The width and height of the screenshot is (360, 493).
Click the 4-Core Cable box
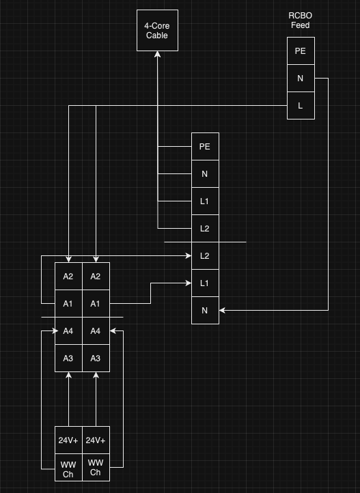[x=157, y=30]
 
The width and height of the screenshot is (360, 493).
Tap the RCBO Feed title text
[x=301, y=20]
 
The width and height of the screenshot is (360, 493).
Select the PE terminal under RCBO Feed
[x=301, y=51]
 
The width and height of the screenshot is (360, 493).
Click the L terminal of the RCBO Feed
[x=301, y=106]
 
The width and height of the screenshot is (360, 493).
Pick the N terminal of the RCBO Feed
[x=301, y=79]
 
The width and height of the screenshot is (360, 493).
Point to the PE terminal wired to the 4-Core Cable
[x=206, y=147]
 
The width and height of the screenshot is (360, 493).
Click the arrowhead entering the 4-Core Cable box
[x=158, y=54]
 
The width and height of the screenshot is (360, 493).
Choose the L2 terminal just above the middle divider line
[x=206, y=229]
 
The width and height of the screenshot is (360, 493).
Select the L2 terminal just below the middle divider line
[x=206, y=256]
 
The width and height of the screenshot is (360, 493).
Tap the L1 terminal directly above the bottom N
[x=206, y=283]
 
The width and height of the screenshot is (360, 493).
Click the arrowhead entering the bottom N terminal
[x=222, y=310]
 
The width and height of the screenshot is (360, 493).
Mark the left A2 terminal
[x=68, y=277]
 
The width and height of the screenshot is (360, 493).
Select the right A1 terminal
[x=96, y=304]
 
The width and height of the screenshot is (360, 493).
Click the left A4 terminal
[x=68, y=331]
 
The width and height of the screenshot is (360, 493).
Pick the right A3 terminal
[x=96, y=358]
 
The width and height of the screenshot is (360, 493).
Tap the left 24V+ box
[x=68, y=440]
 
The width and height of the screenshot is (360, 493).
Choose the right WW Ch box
[x=96, y=468]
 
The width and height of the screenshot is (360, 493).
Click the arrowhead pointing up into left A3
[x=68, y=375]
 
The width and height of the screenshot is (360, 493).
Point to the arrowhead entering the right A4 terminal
[x=113, y=330]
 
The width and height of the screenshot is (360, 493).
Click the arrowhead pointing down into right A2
[x=96, y=259]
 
